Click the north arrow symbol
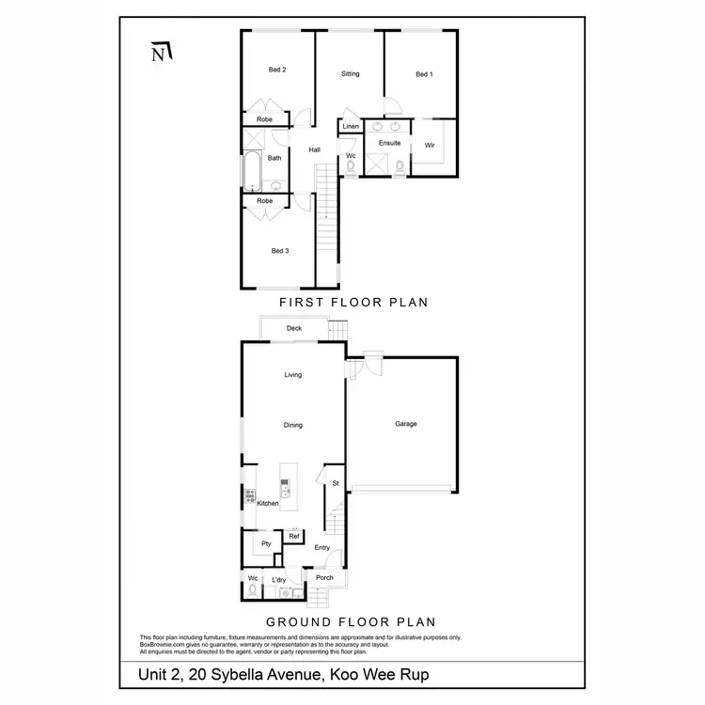coord(162,53)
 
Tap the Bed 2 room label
coord(277,70)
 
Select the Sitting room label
coord(351,74)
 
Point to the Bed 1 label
coord(424,74)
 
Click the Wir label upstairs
coord(430,145)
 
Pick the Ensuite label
coord(389,143)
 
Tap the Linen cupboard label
coord(351,126)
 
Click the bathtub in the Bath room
coord(252,170)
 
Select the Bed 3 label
coord(280,250)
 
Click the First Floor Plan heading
coord(353,303)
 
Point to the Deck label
coord(294,328)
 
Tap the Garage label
coord(406,424)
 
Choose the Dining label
coord(293,425)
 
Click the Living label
coord(293,375)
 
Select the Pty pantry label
coord(266,543)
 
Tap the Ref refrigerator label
coord(293,536)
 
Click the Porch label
coord(324,577)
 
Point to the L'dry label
coord(279,579)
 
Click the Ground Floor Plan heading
coord(351,621)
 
